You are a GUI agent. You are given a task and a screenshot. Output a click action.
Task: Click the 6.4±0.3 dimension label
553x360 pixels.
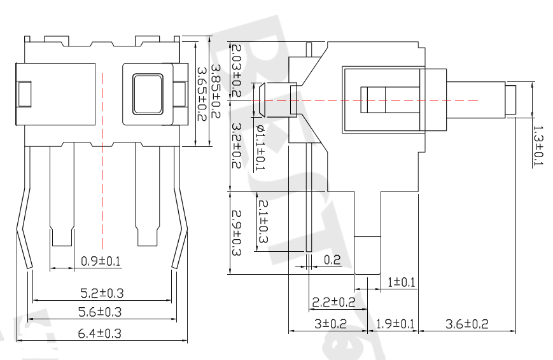(x=99, y=333)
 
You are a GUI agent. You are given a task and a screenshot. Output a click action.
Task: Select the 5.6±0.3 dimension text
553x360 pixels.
(x=99, y=312)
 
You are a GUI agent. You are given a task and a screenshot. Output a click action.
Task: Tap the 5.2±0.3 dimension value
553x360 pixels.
(x=101, y=293)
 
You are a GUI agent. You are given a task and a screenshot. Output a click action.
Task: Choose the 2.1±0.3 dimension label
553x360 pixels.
(x=262, y=220)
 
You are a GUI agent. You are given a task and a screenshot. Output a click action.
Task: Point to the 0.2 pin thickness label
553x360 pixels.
(x=332, y=260)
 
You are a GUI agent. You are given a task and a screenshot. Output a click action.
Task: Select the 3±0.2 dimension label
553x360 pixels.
(x=329, y=324)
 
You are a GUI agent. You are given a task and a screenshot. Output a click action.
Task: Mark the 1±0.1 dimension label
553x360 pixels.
(x=401, y=281)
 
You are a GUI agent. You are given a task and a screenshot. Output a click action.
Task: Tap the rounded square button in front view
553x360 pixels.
(x=148, y=94)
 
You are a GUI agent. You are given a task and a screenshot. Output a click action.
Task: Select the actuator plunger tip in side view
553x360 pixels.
(x=519, y=100)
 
